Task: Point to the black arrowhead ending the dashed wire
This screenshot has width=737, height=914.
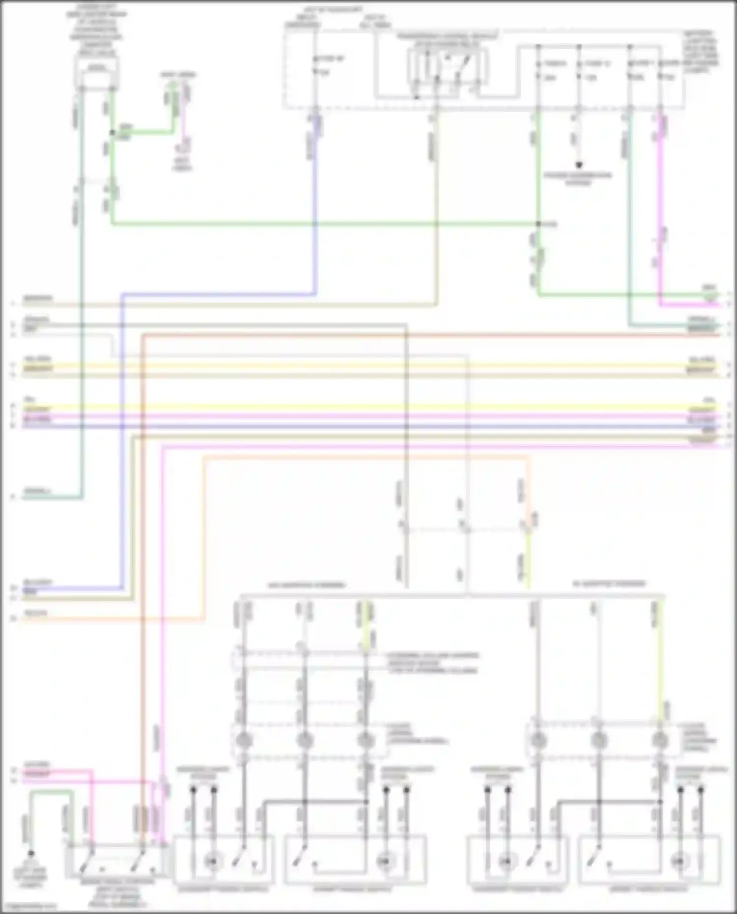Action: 579,166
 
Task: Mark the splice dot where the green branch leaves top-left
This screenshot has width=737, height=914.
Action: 112,133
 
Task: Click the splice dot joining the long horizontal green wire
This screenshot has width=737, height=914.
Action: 539,224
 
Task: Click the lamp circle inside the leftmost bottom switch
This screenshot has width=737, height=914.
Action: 212,860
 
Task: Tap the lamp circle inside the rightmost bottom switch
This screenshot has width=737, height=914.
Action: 680,860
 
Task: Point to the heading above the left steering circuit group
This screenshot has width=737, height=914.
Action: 306,585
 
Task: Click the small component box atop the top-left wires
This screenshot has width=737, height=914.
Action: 97,70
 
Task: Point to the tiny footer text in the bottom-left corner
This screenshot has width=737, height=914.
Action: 29,906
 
